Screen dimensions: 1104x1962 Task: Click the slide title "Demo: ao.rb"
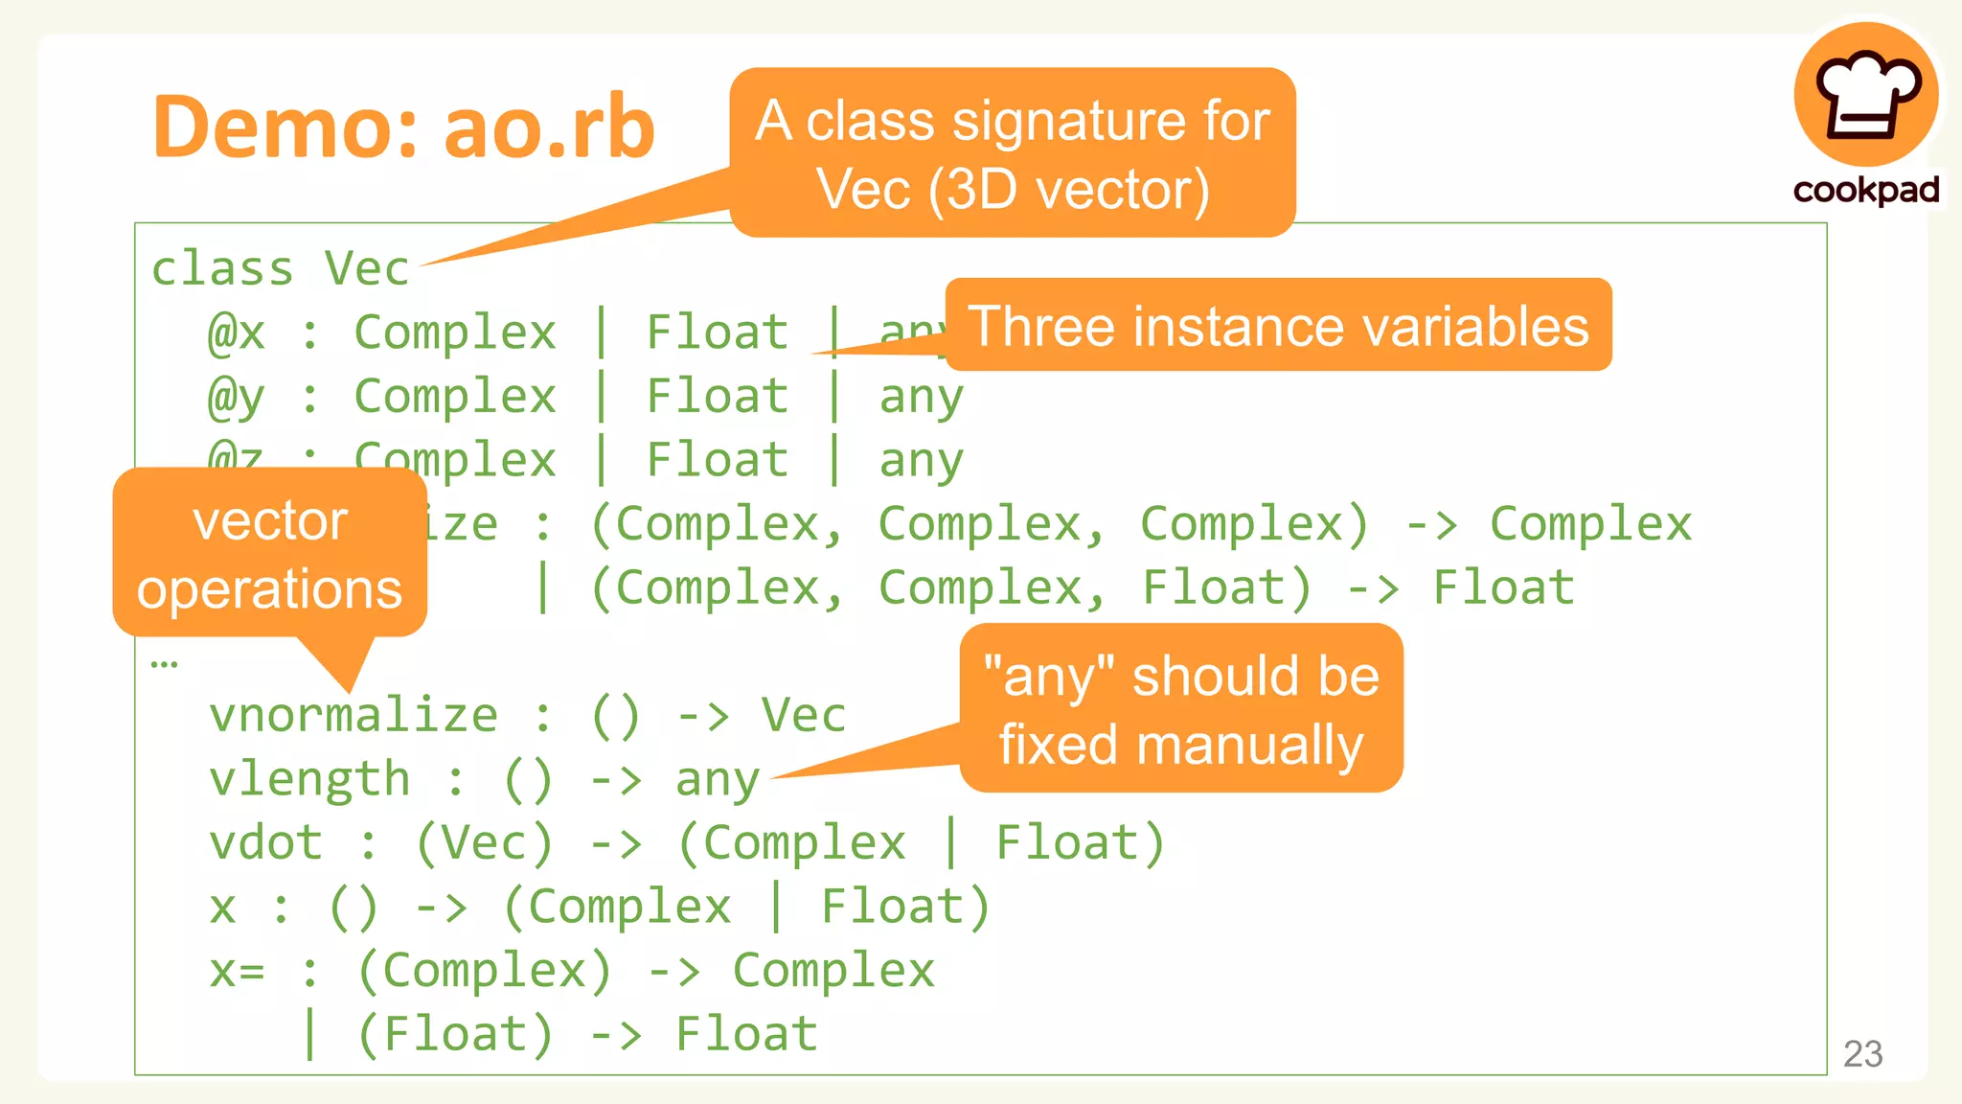(403, 126)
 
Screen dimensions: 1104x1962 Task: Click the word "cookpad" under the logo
(1866, 190)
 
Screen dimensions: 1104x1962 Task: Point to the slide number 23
(1862, 1053)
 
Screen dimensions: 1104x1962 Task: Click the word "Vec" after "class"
(367, 268)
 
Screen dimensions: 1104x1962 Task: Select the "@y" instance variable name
(236, 396)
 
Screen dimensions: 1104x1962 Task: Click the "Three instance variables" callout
(1278, 326)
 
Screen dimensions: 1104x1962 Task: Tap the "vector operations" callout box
(269, 554)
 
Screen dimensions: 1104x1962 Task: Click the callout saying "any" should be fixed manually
(1181, 709)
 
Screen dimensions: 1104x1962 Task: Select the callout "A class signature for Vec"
(1013, 153)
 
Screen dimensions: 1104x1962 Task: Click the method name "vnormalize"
(354, 715)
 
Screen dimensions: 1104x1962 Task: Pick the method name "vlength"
(309, 778)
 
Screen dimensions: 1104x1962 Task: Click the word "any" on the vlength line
(718, 780)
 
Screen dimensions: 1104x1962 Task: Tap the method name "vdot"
(266, 842)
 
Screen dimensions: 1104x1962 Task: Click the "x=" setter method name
(237, 971)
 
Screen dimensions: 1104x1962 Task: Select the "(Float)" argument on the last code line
(455, 1034)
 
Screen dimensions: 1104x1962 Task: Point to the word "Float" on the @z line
(718, 460)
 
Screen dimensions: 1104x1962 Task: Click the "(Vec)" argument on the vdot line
(485, 842)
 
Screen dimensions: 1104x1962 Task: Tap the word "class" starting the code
(222, 268)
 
